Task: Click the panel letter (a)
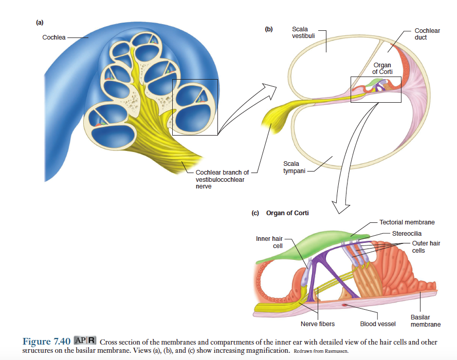click(x=40, y=22)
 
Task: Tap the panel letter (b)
click(x=269, y=29)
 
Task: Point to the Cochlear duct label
click(x=427, y=34)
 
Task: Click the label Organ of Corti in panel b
click(x=382, y=68)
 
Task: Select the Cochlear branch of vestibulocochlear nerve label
click(x=222, y=179)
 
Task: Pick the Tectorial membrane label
click(x=407, y=222)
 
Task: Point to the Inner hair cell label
click(x=270, y=242)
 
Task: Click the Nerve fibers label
click(x=318, y=324)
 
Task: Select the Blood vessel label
click(x=378, y=324)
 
